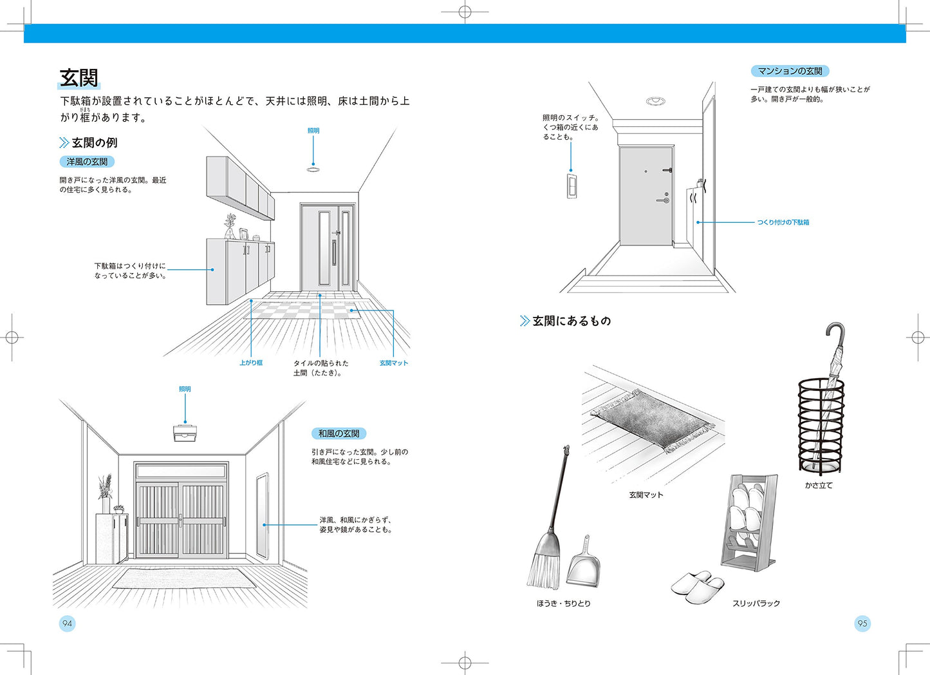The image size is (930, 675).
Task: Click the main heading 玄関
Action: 79,79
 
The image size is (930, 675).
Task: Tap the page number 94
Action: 68,623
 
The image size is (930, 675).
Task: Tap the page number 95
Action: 862,623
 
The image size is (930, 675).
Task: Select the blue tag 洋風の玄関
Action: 87,162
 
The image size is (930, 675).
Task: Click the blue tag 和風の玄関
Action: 339,433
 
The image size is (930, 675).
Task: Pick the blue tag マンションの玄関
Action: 790,71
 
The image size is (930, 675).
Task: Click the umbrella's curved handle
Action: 834,334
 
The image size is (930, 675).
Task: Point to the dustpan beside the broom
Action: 584,562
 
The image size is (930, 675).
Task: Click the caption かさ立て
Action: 819,486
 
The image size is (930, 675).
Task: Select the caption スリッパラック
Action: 756,604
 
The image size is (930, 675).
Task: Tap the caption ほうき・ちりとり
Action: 563,604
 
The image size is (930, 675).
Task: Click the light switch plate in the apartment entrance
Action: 571,185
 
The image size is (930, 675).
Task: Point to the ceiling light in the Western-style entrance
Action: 313,169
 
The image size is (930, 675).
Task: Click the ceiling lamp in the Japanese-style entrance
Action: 185,433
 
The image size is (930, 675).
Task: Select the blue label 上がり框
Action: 250,363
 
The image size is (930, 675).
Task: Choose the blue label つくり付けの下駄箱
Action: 783,222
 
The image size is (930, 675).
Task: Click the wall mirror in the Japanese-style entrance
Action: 261,517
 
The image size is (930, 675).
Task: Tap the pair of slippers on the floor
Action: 698,587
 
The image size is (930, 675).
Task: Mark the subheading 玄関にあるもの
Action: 571,321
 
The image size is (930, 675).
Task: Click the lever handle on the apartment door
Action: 663,200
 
